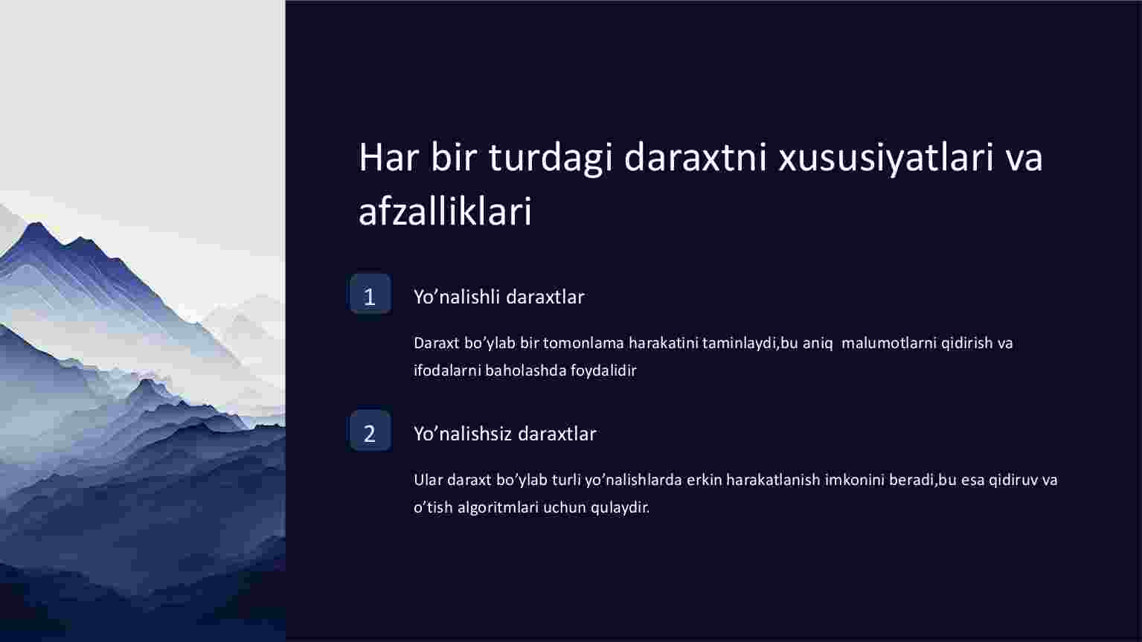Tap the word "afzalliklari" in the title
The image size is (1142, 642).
pyautogui.click(x=445, y=211)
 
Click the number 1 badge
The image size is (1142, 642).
pyautogui.click(x=370, y=294)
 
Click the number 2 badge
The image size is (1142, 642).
pyautogui.click(x=370, y=431)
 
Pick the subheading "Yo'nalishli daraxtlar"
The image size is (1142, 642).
pyautogui.click(x=498, y=297)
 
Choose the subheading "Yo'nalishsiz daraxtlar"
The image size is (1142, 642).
pyautogui.click(x=504, y=434)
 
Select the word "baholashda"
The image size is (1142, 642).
pyautogui.click(x=526, y=370)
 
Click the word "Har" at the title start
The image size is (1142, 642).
pyautogui.click(x=388, y=158)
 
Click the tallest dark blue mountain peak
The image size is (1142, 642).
pyautogui.click(x=36, y=225)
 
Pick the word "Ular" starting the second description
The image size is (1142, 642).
pyautogui.click(x=428, y=481)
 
